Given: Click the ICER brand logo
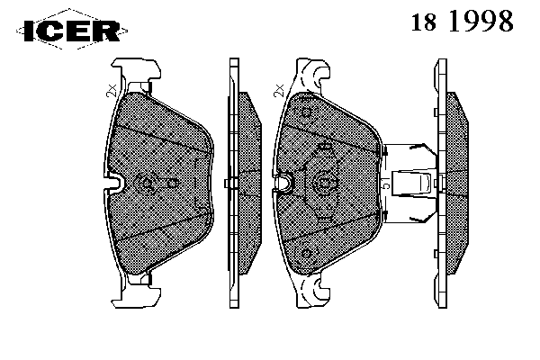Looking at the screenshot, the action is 72,30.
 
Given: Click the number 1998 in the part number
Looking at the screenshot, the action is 481,21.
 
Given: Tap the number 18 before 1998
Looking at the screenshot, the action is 424,22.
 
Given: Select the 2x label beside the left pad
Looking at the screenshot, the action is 112,91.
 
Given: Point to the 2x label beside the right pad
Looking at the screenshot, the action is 279,91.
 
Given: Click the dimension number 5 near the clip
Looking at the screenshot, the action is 386,184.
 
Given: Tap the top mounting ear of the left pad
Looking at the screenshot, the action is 136,70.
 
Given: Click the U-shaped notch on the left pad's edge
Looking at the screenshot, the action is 114,182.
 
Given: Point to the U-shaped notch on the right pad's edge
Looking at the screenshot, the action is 283,182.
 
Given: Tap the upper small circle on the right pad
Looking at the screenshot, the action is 306,112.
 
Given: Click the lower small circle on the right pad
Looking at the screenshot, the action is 306,254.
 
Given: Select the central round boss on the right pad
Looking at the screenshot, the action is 323,184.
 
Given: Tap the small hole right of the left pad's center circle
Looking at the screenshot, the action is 173,184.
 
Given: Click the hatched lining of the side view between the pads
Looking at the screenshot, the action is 249,184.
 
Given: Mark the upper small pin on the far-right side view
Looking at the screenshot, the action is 436,112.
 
